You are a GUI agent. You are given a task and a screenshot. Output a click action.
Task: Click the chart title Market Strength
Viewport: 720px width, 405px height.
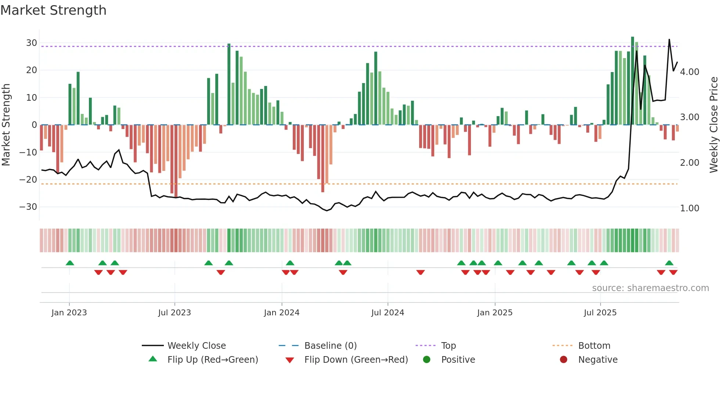click(x=53, y=10)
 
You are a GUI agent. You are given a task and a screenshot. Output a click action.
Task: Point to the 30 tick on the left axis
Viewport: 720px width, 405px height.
click(x=32, y=43)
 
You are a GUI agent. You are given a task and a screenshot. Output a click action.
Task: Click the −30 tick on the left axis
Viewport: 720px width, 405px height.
click(x=29, y=207)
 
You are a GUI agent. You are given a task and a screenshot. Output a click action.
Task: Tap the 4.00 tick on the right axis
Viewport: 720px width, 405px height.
click(x=690, y=72)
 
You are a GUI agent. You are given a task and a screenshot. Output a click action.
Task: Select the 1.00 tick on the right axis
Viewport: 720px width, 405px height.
click(x=690, y=208)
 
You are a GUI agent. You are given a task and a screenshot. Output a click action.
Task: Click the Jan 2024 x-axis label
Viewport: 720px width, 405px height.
click(x=281, y=313)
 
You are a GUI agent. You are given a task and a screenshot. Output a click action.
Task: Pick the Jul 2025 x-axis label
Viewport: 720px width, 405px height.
click(x=600, y=313)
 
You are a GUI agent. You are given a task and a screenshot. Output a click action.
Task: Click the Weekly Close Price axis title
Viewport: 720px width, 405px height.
click(x=713, y=125)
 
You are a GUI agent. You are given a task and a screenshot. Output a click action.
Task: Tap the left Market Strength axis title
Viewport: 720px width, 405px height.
click(x=6, y=125)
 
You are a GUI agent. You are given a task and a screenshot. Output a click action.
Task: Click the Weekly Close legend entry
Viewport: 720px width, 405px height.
click(x=197, y=346)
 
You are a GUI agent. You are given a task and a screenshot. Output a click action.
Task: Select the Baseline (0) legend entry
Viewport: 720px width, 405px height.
click(x=330, y=346)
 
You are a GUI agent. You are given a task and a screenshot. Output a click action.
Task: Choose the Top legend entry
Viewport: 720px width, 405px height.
click(x=448, y=346)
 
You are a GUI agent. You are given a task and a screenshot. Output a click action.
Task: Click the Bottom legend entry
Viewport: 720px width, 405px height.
click(x=594, y=346)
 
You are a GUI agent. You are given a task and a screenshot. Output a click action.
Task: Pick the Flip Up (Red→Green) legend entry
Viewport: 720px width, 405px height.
click(x=213, y=360)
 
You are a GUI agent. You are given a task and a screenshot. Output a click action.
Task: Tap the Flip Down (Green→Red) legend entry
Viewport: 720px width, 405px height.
click(x=356, y=360)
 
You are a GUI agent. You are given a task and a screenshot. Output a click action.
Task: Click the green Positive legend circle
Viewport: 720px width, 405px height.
click(x=426, y=360)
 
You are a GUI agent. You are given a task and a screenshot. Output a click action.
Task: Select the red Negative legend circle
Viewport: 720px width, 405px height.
click(x=564, y=360)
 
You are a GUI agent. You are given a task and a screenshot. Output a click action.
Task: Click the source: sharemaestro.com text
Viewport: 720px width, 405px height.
click(x=650, y=288)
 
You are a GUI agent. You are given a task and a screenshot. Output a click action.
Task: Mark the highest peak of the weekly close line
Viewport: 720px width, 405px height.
click(x=669, y=39)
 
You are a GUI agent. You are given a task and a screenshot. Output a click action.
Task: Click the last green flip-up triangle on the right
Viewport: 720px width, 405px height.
click(x=669, y=263)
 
